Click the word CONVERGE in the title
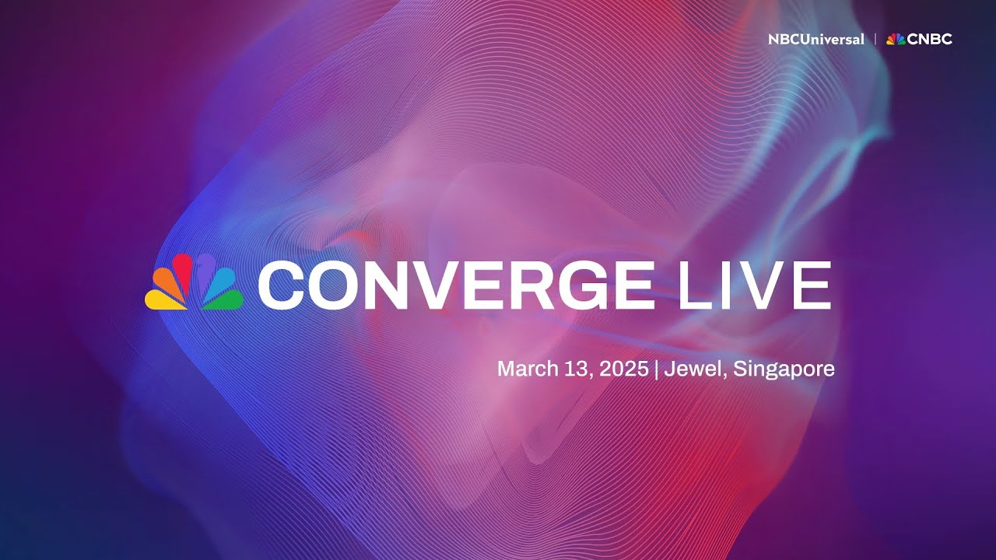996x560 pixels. click(456, 285)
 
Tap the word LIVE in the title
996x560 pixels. click(750, 285)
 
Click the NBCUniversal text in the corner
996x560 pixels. click(815, 39)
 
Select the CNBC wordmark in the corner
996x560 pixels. click(930, 39)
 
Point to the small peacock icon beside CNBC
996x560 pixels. click(896, 39)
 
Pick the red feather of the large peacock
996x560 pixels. click(183, 269)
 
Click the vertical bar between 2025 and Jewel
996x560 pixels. click(658, 369)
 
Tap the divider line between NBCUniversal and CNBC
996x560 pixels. click(875, 39)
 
